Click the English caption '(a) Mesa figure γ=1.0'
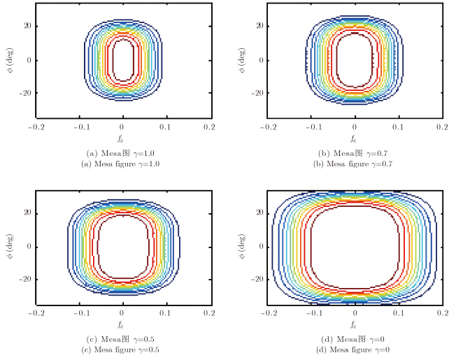click(122, 164)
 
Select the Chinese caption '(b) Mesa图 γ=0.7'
click(355, 154)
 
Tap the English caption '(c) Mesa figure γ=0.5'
click(122, 350)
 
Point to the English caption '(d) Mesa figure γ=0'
click(355, 350)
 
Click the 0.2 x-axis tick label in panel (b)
click(441, 129)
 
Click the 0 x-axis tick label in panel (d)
click(355, 315)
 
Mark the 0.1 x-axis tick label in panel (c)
click(166, 315)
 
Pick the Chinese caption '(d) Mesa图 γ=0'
click(355, 340)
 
